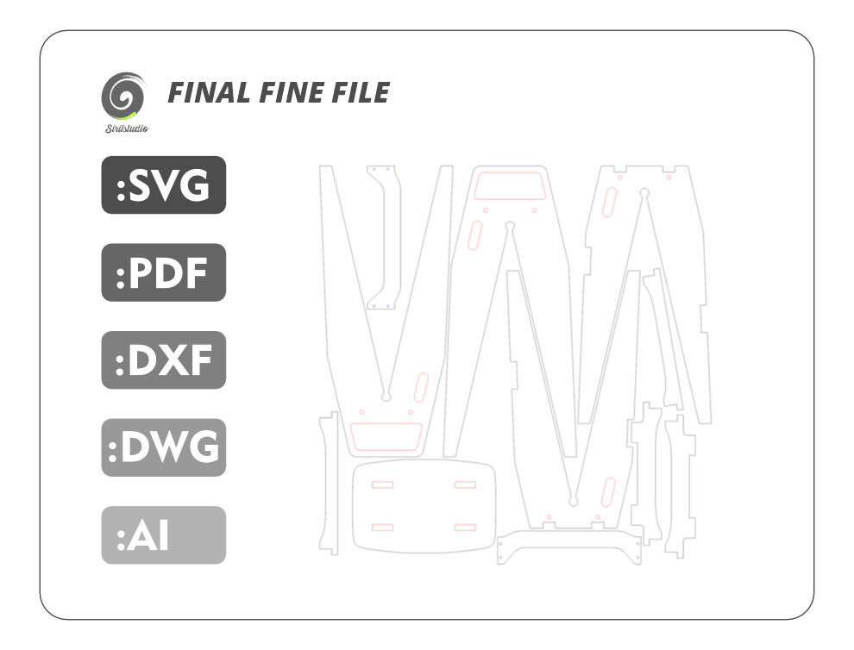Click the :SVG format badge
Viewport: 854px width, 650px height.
coord(163,185)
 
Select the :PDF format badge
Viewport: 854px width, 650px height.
coord(163,272)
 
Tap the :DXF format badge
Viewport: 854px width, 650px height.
coord(163,359)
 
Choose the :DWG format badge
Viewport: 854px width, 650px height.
coord(163,447)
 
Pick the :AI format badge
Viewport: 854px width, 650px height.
coord(163,535)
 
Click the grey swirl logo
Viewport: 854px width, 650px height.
coord(123,97)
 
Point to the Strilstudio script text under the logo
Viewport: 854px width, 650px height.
coord(127,128)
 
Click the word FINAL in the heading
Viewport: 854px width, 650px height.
coord(209,92)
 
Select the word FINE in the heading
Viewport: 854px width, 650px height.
coord(292,92)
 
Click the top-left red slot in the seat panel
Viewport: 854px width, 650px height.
coord(382,484)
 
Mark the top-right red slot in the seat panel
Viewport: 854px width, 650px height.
coord(465,484)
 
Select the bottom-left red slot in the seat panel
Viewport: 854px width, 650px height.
coord(382,527)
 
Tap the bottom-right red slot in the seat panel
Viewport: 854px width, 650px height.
coord(465,527)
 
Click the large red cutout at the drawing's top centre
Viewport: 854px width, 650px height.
coord(510,185)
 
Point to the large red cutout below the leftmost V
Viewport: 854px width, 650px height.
coord(386,436)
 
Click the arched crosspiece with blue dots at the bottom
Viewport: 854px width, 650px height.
coord(569,535)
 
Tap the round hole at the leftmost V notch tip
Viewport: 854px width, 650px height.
coord(386,397)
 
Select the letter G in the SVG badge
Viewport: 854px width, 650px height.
coord(194,185)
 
